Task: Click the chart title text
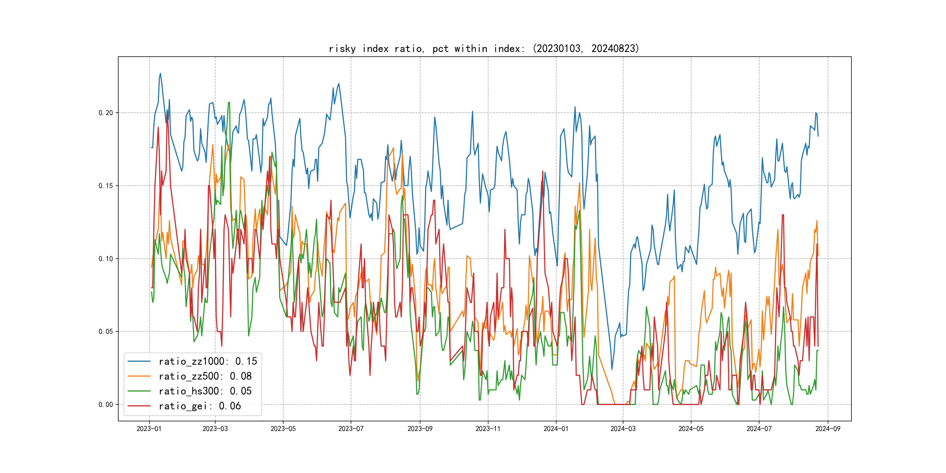click(484, 48)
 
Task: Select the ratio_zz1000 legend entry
click(208, 361)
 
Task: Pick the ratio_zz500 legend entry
click(205, 376)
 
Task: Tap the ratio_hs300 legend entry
click(205, 391)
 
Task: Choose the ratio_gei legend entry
click(199, 406)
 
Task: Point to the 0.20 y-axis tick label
click(106, 113)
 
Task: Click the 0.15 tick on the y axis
click(106, 186)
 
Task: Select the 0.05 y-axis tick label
click(106, 332)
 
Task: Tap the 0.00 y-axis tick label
click(106, 405)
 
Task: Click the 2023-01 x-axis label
click(149, 429)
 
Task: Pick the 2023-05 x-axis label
click(283, 429)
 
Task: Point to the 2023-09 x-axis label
click(420, 429)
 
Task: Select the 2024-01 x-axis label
click(556, 429)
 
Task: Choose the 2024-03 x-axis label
click(623, 429)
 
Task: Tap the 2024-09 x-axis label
click(828, 429)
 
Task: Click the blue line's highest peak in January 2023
click(160, 74)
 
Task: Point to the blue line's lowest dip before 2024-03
click(612, 369)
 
